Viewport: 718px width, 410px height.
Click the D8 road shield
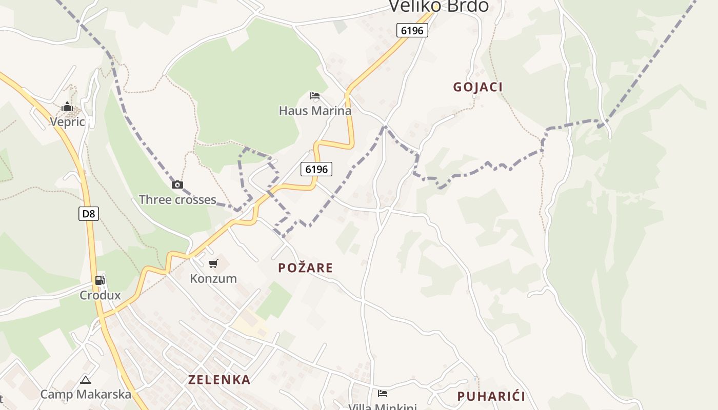point(89,214)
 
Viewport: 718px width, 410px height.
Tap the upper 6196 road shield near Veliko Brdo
point(412,30)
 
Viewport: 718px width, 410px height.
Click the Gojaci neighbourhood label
point(477,87)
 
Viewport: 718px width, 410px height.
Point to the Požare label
point(306,268)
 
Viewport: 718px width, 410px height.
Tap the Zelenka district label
point(220,380)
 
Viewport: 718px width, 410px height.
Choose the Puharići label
point(491,396)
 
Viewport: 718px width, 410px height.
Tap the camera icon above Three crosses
point(177,184)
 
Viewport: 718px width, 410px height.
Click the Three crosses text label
point(177,200)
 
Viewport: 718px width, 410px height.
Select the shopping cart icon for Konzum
point(213,264)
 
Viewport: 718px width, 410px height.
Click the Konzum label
point(213,279)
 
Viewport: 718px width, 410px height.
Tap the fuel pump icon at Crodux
point(100,280)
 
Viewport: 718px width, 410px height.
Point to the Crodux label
point(100,295)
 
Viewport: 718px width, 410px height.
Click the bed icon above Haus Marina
point(315,96)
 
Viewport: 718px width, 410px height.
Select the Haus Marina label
point(315,111)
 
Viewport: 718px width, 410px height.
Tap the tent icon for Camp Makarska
point(86,380)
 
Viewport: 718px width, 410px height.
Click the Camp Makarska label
point(86,395)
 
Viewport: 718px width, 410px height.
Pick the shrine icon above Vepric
point(67,107)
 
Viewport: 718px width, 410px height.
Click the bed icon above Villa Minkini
point(383,394)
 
